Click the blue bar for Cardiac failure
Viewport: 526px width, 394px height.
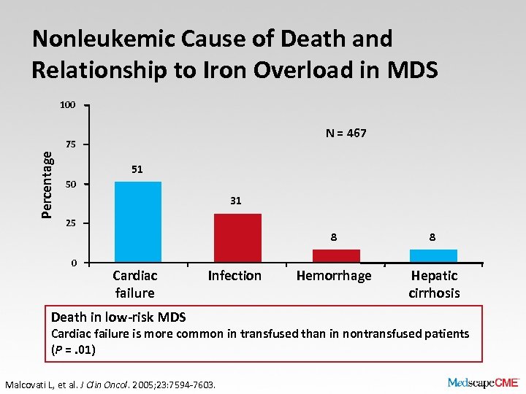(x=138, y=222)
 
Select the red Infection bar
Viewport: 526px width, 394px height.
(x=237, y=238)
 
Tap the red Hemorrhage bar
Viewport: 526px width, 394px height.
(x=336, y=255)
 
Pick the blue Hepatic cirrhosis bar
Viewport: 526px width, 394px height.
(x=433, y=255)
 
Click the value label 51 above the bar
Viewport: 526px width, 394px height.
(x=137, y=169)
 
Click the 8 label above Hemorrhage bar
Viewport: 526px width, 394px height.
(x=333, y=237)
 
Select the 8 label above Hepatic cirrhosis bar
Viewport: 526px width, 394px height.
(x=433, y=237)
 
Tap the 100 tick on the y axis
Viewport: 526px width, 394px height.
(x=67, y=105)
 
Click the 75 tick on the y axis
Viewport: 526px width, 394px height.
(x=70, y=144)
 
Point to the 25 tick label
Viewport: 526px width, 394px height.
(x=70, y=223)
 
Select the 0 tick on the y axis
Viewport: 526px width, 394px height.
(x=74, y=263)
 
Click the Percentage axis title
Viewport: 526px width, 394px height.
(x=47, y=184)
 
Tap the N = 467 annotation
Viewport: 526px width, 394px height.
(x=346, y=133)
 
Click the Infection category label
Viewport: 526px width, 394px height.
(x=235, y=276)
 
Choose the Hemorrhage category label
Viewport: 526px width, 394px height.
(x=334, y=276)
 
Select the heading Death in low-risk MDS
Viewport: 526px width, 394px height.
(x=118, y=317)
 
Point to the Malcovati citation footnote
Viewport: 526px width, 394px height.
(x=110, y=382)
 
